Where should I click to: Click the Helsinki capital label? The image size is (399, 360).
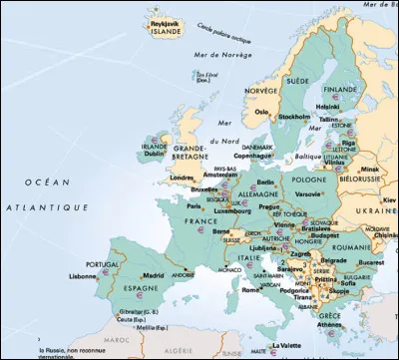[x=327, y=106]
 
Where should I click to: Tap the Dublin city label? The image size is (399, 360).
[x=152, y=154]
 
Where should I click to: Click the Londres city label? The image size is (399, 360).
[x=183, y=178]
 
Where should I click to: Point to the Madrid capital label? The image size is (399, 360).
[x=154, y=275]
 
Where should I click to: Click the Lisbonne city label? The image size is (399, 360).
[x=83, y=276]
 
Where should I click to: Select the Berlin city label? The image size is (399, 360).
[x=265, y=182]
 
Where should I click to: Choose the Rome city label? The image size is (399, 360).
[x=250, y=289]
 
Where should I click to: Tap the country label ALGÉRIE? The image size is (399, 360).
[x=180, y=351]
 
